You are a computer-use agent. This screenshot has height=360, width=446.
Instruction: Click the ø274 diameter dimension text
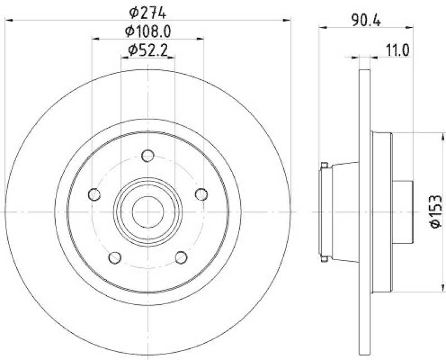pos(148,12)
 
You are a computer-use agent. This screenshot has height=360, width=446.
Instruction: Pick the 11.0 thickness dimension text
pos(397,50)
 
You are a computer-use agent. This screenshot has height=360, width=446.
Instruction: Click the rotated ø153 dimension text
pos(435,212)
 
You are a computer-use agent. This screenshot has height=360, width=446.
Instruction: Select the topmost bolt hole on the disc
pos(148,155)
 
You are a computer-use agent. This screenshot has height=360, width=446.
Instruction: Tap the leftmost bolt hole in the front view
pos(95,194)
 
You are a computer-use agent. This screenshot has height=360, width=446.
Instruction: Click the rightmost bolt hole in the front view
pos(201,194)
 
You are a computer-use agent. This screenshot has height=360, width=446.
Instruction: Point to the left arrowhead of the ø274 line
pos(8,21)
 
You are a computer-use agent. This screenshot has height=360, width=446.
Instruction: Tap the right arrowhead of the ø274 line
pos(288,21)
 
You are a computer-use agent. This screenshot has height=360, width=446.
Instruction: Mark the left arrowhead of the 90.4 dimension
pos(322,26)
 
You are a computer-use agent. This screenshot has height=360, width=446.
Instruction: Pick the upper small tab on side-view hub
pos(324,165)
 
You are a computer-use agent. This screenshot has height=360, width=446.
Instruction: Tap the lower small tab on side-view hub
pos(324,258)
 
